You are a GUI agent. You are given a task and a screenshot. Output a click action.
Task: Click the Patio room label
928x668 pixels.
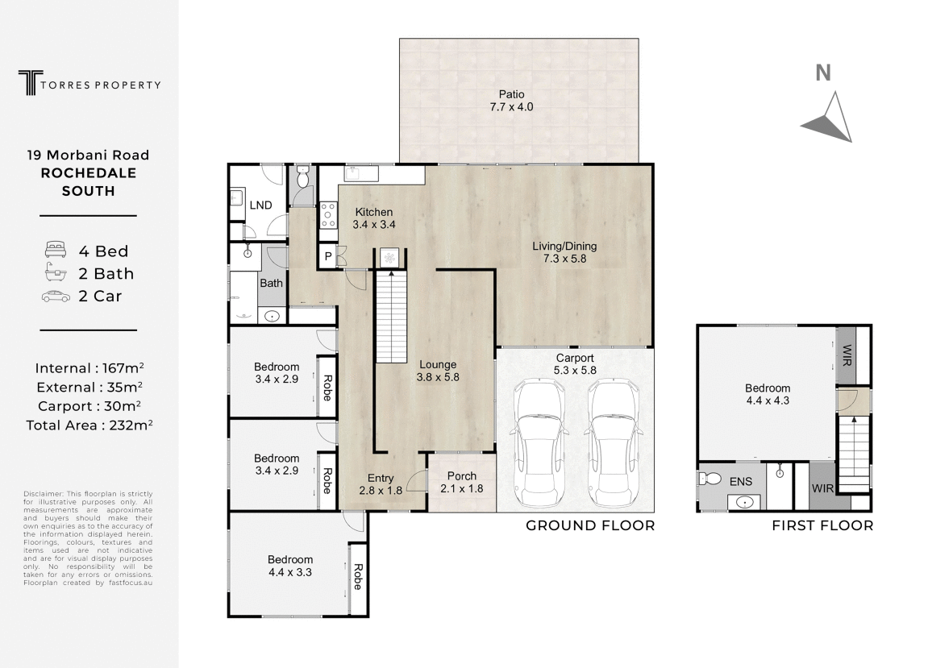click(x=511, y=101)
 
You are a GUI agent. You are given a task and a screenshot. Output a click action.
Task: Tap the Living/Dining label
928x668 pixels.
click(x=564, y=252)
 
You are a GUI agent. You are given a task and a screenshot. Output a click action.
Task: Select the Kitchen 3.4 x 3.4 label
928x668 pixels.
click(x=374, y=218)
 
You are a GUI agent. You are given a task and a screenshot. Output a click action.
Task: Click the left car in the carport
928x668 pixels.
click(x=542, y=443)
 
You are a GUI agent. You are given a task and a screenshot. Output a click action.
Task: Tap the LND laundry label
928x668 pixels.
click(x=260, y=205)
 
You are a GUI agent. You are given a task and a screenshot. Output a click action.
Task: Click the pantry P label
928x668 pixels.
click(x=328, y=256)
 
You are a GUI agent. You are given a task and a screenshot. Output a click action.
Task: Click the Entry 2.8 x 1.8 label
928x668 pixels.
click(x=381, y=484)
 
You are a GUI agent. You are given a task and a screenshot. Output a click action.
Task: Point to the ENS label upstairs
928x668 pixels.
click(x=740, y=482)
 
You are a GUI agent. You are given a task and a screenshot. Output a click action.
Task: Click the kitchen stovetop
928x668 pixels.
click(x=328, y=215)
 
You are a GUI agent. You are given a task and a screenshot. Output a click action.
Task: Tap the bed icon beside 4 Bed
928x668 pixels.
click(x=55, y=250)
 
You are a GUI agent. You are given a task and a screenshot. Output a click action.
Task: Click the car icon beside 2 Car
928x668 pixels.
click(x=56, y=296)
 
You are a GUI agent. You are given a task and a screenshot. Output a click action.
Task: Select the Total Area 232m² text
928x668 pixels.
click(x=89, y=425)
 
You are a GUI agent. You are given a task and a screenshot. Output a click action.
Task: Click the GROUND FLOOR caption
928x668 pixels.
click(x=590, y=525)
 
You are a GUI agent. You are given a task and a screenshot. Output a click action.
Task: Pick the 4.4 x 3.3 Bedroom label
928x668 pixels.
click(x=290, y=566)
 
